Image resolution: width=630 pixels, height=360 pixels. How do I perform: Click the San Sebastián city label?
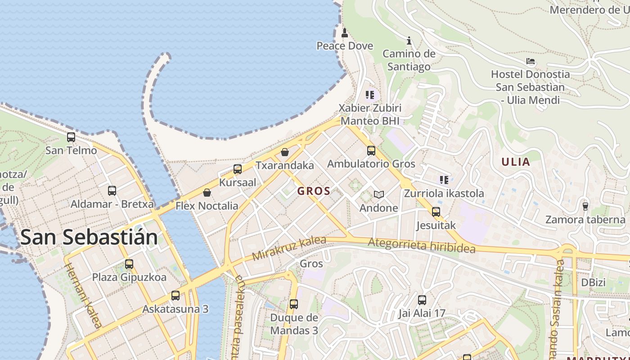click(x=89, y=237)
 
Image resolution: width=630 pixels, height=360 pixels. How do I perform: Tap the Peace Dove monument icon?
click(x=345, y=32)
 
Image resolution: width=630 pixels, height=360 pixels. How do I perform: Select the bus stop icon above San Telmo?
click(x=71, y=137)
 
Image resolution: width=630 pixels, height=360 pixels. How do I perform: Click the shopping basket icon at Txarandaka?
click(x=285, y=152)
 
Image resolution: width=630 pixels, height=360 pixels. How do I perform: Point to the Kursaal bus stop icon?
click(x=238, y=169)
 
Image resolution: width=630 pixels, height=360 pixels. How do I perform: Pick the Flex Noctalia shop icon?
click(x=207, y=193)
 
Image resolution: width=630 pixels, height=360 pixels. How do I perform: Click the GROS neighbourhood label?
click(x=314, y=191)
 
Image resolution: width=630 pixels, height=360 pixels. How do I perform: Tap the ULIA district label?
click(x=516, y=162)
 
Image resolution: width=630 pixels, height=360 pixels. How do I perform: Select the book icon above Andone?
click(x=379, y=195)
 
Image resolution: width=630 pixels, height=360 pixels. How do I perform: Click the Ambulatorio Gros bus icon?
click(x=371, y=151)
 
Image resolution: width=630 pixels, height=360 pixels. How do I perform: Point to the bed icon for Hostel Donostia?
click(x=531, y=61)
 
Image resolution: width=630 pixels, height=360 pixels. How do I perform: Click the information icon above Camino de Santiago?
click(x=409, y=41)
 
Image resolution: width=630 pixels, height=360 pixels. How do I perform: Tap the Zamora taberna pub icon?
click(x=585, y=207)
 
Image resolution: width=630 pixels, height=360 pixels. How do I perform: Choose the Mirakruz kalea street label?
click(x=289, y=248)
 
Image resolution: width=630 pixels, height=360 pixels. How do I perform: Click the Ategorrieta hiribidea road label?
click(x=422, y=245)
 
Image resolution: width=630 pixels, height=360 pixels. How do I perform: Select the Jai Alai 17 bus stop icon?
click(x=422, y=300)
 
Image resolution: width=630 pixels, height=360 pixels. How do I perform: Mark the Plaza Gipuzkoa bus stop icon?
click(x=129, y=264)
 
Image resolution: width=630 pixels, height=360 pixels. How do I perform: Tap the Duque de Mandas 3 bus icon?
click(x=294, y=305)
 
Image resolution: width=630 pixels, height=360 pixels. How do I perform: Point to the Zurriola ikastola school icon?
click(x=444, y=180)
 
